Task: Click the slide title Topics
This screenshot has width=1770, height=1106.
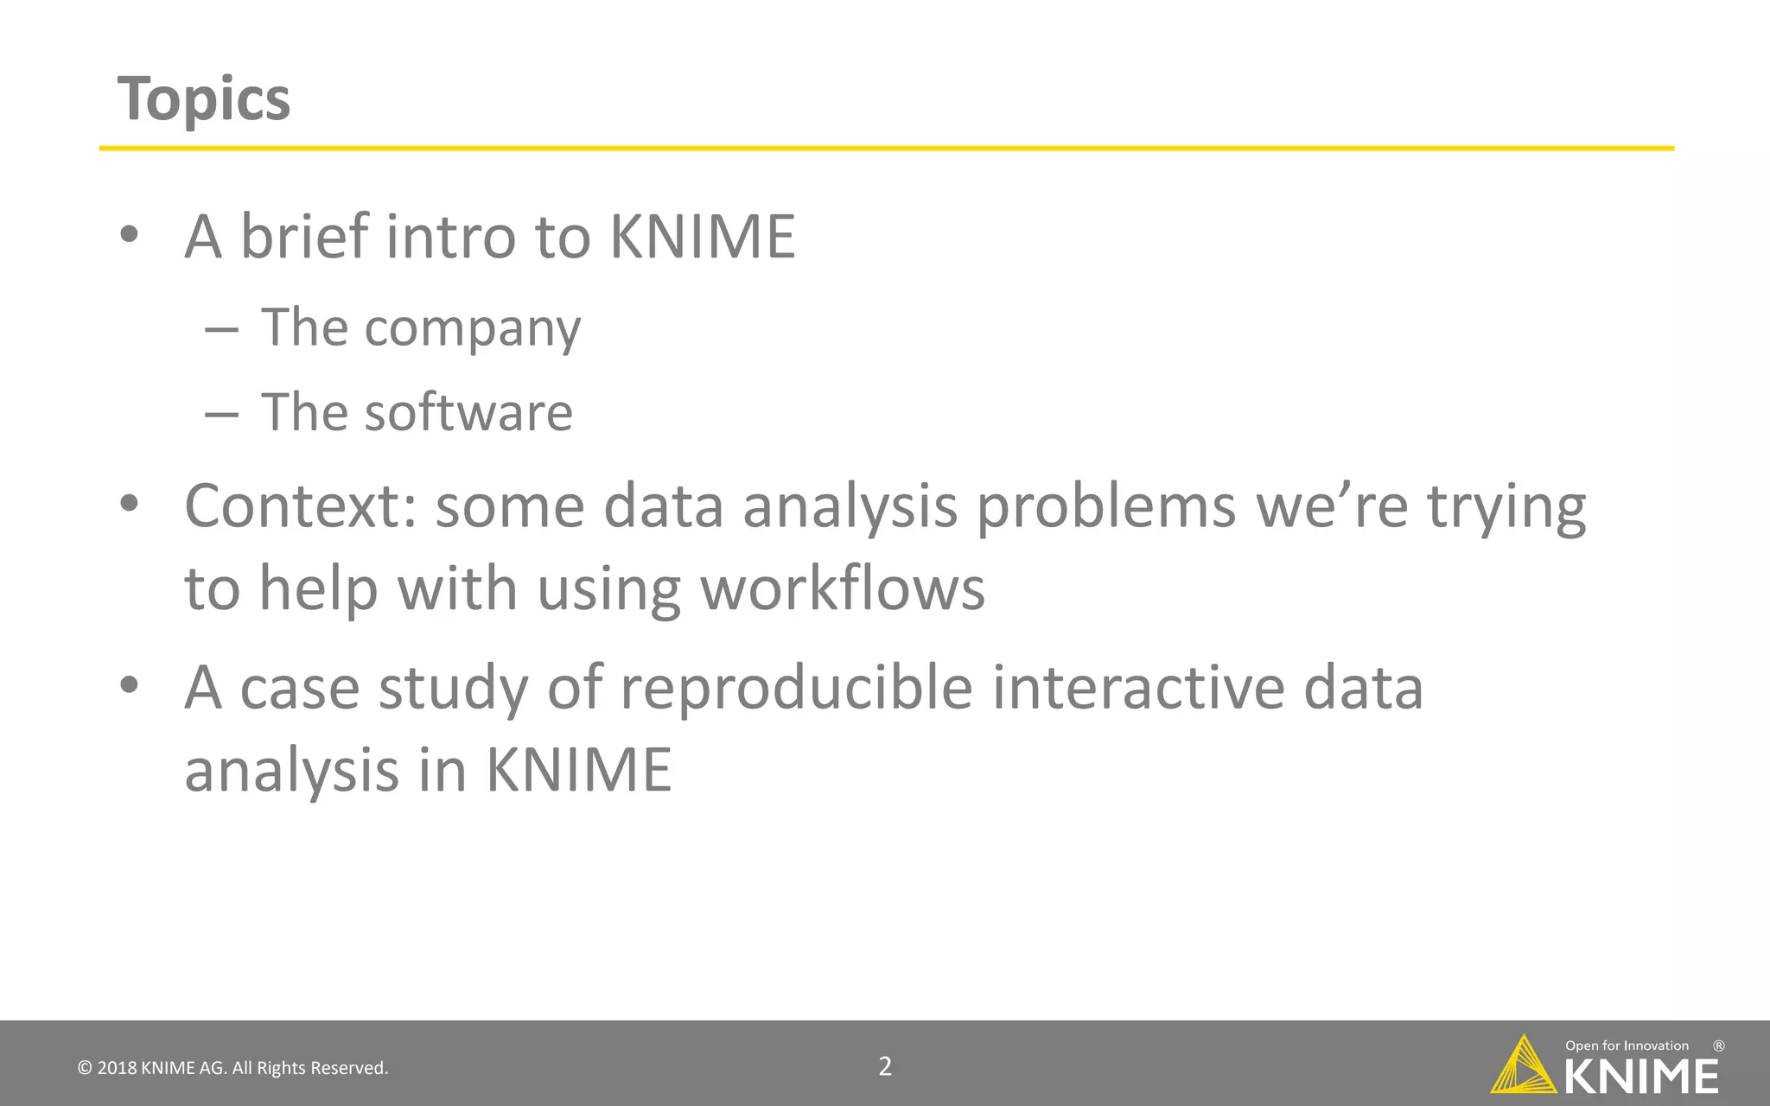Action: click(204, 99)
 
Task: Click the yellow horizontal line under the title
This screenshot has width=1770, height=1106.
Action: click(886, 149)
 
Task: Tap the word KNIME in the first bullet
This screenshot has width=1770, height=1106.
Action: click(702, 237)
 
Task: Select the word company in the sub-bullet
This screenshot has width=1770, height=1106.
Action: click(472, 328)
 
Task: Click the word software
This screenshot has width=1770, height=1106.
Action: click(468, 412)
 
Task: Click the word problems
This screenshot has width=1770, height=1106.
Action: click(1106, 506)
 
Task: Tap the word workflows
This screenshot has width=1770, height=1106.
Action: click(842, 589)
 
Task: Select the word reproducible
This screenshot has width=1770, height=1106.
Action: click(796, 688)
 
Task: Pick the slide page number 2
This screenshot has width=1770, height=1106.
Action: click(885, 1066)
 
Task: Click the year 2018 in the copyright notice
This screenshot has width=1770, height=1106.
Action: click(117, 1068)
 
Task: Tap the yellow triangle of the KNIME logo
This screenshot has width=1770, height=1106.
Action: click(1523, 1068)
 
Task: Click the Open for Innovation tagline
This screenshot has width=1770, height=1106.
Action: click(1627, 1046)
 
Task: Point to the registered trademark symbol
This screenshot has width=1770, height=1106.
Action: click(1718, 1046)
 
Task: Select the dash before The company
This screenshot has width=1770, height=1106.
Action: click(221, 329)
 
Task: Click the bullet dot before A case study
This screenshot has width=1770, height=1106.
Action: click(130, 686)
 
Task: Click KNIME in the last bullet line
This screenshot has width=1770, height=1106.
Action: click(578, 769)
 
